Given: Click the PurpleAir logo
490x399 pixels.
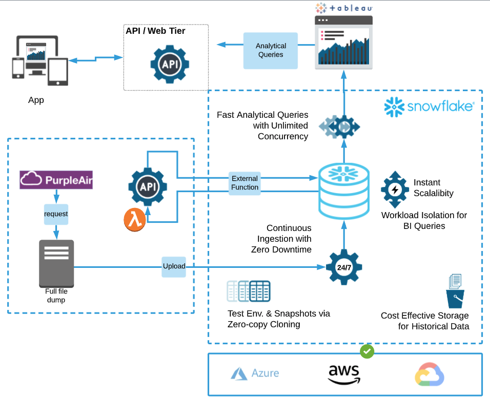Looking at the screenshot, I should pyautogui.click(x=56, y=180).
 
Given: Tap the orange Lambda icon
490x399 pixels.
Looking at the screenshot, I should pyautogui.click(x=134, y=220).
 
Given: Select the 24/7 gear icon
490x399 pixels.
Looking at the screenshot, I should pyautogui.click(x=344, y=267).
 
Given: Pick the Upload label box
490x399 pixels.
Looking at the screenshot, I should pyautogui.click(x=174, y=266).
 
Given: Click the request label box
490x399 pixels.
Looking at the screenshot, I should pyautogui.click(x=56, y=214).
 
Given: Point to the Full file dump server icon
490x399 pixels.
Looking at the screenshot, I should pyautogui.click(x=56, y=264).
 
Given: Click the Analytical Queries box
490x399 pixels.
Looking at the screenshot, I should pyautogui.click(x=271, y=50).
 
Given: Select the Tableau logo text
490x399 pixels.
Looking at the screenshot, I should pyautogui.click(x=344, y=8).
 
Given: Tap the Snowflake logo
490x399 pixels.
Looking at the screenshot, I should pyautogui.click(x=429, y=107).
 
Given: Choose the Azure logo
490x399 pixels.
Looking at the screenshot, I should pyautogui.click(x=255, y=373).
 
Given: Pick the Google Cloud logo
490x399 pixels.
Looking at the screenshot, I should pyautogui.click(x=430, y=375).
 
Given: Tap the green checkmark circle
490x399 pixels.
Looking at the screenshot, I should pyautogui.click(x=367, y=351).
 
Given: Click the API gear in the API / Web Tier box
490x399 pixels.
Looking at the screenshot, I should pyautogui.click(x=170, y=64).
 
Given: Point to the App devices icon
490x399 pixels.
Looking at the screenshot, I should pyautogui.click(x=40, y=60).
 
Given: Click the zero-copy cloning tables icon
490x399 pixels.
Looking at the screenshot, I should pyautogui.click(x=249, y=291).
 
